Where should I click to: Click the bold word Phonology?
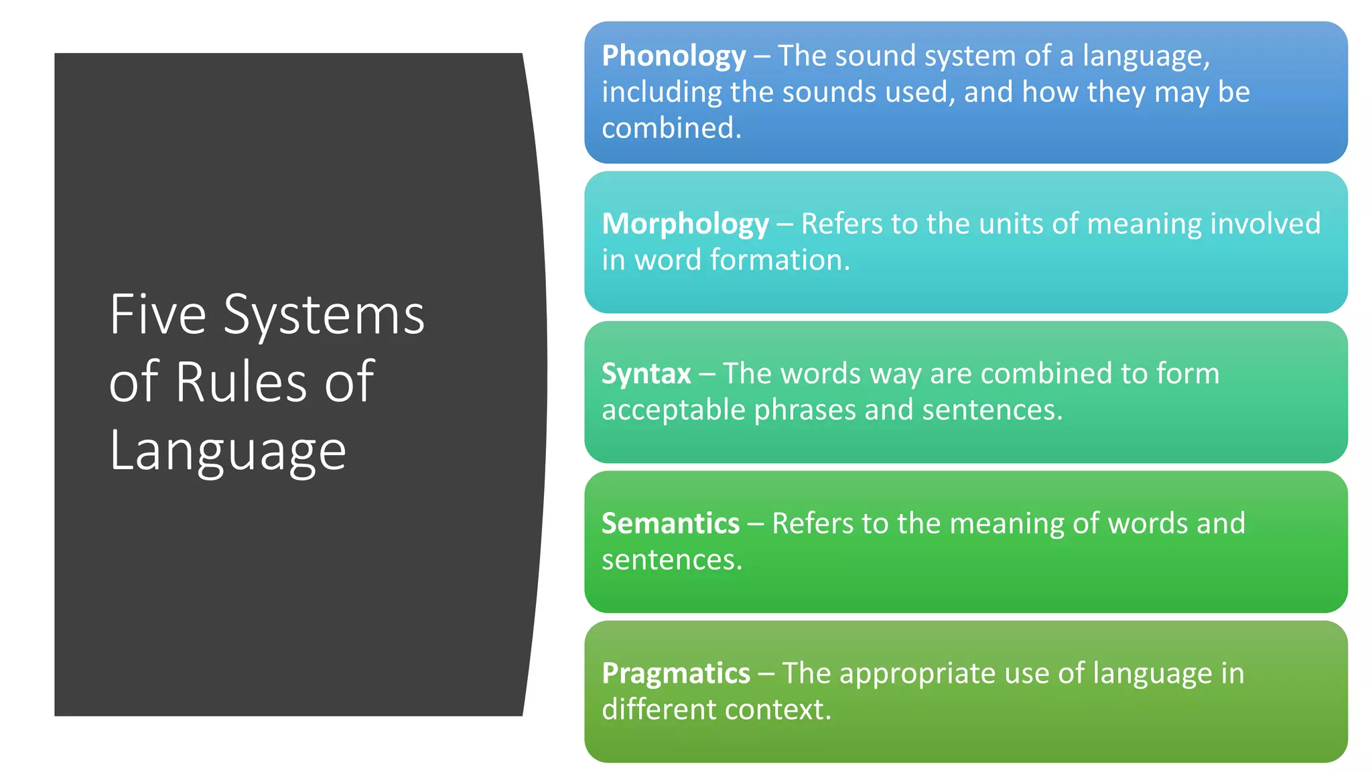[673, 56]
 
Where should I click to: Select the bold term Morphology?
[685, 224]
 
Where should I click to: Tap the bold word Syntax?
[646, 374]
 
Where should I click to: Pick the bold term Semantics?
[670, 523]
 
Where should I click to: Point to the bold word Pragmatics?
[675, 673]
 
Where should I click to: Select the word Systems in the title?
[324, 315]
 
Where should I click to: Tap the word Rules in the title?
[241, 381]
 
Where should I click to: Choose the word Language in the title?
[228, 451]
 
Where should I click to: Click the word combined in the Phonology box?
[671, 128]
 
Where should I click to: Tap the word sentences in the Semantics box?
[672, 560]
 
